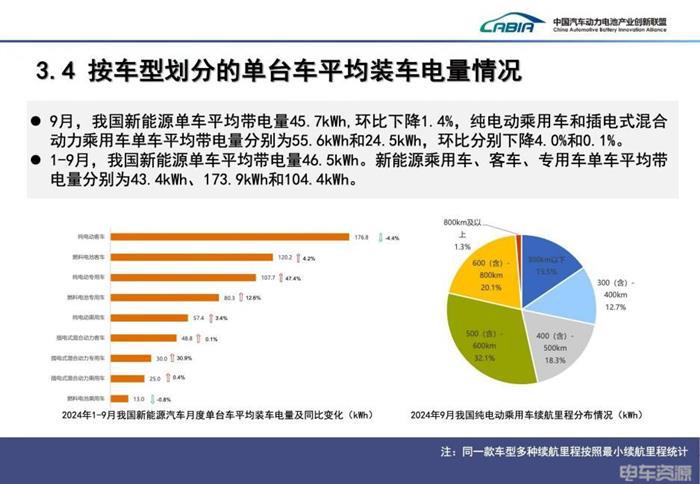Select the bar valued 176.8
pyautogui.click(x=225, y=237)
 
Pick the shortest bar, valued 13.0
pyautogui.click(x=124, y=397)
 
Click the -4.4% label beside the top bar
pyautogui.click(x=392, y=238)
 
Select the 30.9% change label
pyautogui.click(x=184, y=357)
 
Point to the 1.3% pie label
pyautogui.click(x=462, y=246)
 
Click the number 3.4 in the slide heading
pyautogui.click(x=56, y=72)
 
